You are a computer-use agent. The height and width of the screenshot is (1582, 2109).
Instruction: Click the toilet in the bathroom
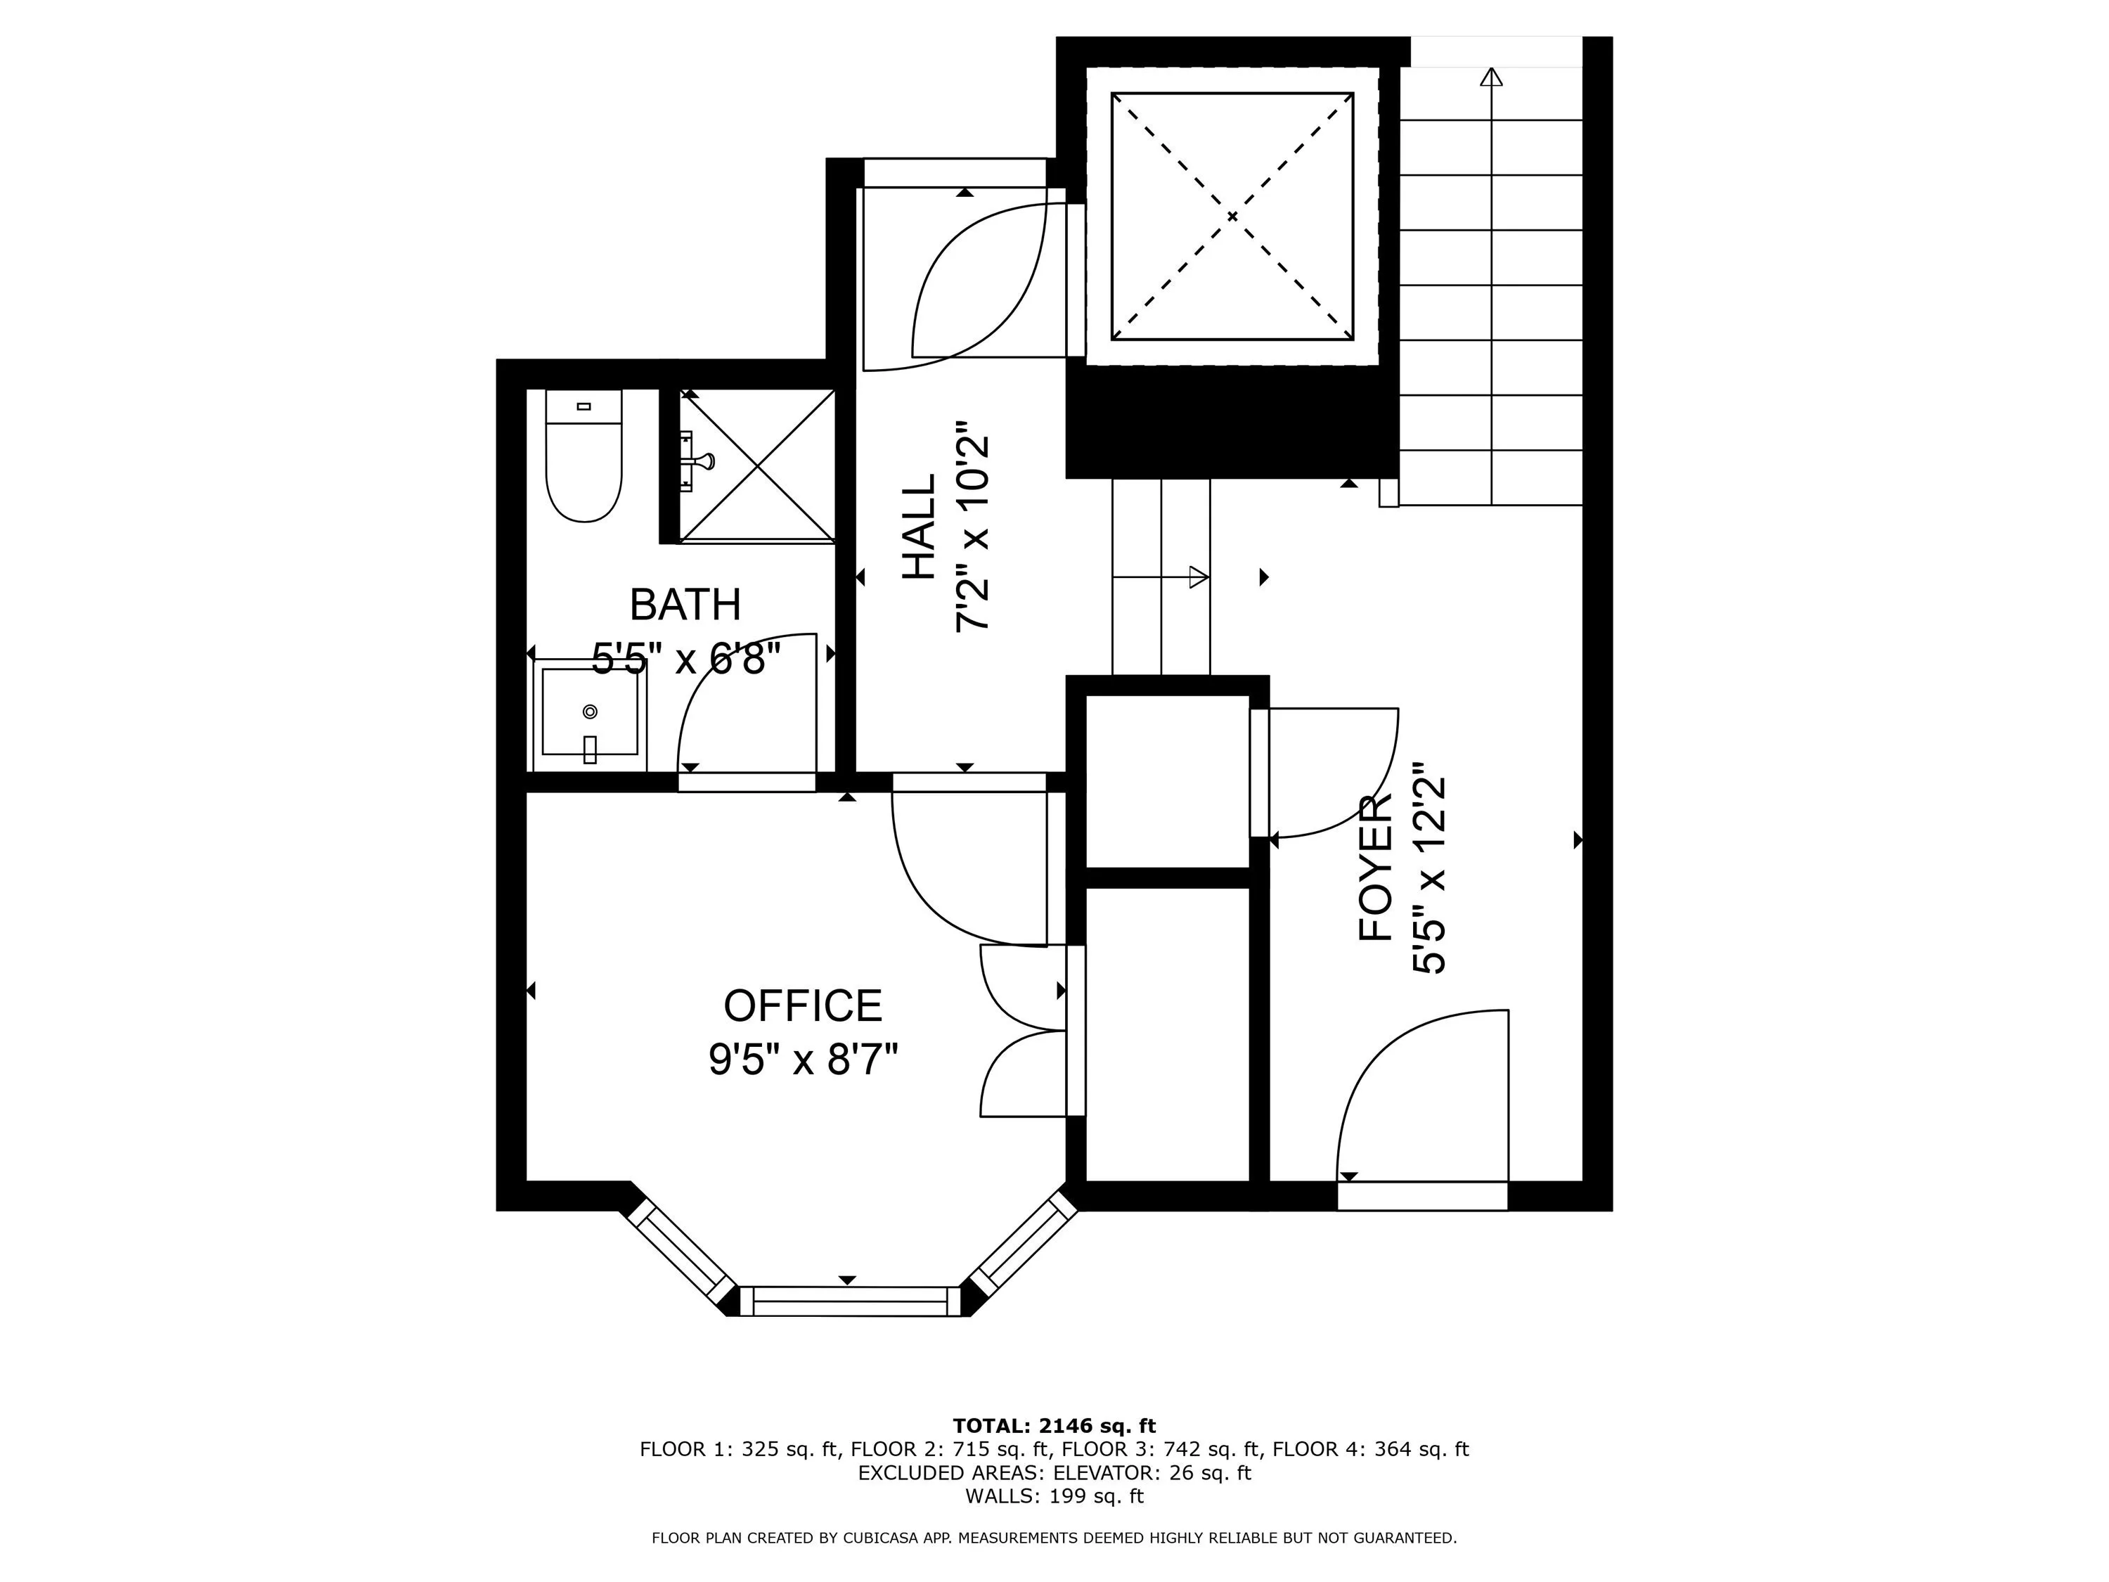click(583, 455)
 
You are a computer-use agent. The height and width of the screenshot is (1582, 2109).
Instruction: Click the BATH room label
click(685, 605)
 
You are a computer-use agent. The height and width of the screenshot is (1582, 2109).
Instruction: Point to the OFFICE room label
click(803, 1006)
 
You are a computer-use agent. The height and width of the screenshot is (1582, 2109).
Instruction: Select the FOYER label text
click(1376, 869)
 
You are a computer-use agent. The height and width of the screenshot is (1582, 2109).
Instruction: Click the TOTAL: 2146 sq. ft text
click(1054, 1426)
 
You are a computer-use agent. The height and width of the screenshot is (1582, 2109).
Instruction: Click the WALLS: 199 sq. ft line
click(1054, 1496)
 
